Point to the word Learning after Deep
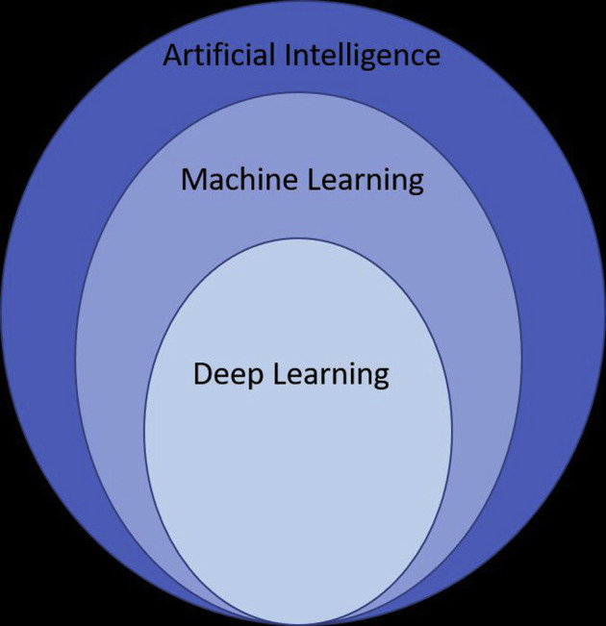click(x=331, y=374)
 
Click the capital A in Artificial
click(x=172, y=55)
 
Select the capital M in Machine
click(x=192, y=179)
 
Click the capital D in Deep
click(x=203, y=372)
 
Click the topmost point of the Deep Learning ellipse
click(x=298, y=238)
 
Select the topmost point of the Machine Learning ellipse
click(x=298, y=93)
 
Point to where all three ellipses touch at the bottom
click(x=299, y=623)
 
